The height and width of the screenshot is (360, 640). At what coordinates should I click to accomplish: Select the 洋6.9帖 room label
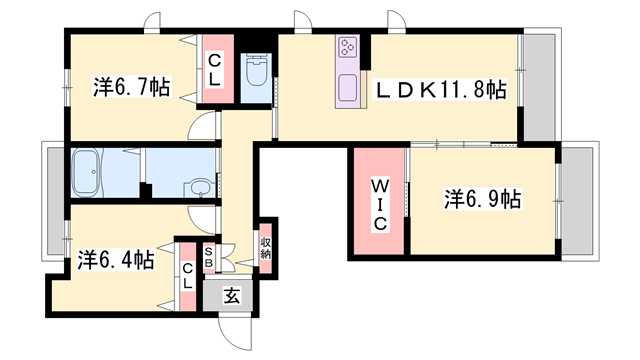(x=484, y=198)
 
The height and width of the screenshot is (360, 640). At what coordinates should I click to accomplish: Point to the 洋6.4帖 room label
(x=116, y=261)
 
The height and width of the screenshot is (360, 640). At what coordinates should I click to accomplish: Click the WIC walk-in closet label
(x=379, y=204)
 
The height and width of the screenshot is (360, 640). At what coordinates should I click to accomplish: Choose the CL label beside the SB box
(x=187, y=274)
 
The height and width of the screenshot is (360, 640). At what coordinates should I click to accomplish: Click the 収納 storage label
(x=265, y=248)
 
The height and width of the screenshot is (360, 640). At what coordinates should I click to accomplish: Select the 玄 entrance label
(x=231, y=295)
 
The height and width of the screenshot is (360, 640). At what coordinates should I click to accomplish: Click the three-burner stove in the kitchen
(x=348, y=47)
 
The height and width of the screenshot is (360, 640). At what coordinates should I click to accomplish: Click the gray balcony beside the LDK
(x=539, y=87)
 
